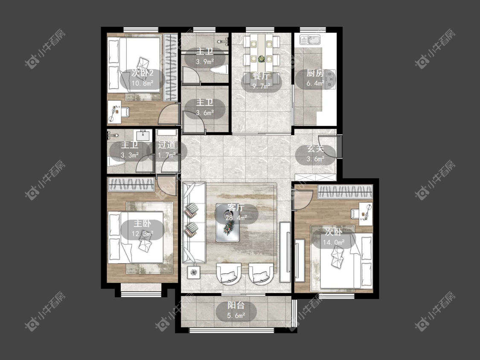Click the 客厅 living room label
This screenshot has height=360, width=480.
point(236,208)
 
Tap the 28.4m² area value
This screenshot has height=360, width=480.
point(236,218)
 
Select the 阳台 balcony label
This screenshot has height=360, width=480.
point(236,305)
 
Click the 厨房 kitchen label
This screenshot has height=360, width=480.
point(315,73)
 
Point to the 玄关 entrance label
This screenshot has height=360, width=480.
point(315,149)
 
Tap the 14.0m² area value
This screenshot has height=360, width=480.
point(334,242)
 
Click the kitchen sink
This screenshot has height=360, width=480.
point(310,40)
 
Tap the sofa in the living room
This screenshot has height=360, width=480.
point(194,223)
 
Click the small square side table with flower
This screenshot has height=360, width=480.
point(194,272)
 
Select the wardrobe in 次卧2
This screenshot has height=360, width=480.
point(171,67)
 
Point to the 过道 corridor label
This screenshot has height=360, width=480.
point(167,145)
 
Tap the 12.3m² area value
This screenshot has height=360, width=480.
point(143,234)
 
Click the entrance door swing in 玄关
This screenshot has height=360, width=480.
point(328,147)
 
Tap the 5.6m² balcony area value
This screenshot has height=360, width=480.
point(236,315)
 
